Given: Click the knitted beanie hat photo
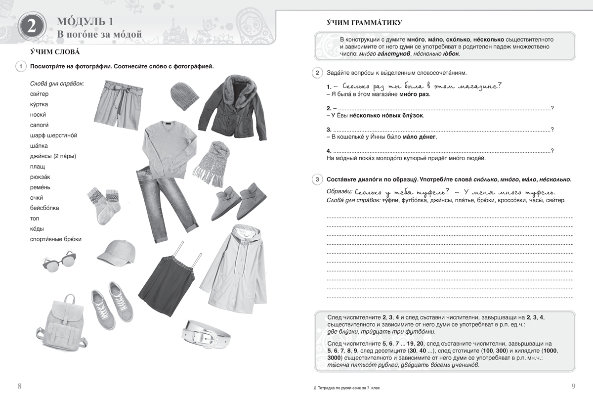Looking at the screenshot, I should (x=183, y=96).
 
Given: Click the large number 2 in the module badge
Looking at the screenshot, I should (x=31, y=29).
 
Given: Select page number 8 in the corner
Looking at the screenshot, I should (x=19, y=386).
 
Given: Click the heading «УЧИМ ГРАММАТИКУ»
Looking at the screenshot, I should (x=361, y=22).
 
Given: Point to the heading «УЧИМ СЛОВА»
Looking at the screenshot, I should (x=55, y=52).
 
